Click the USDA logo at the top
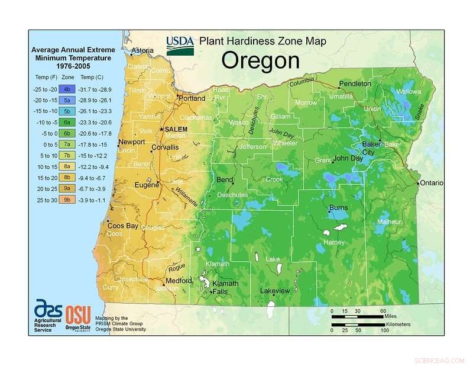pyautogui.click(x=180, y=46)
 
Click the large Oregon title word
pyautogui.click(x=261, y=60)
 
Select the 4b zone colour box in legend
pyautogui.click(x=67, y=88)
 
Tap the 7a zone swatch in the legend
pyautogui.click(x=67, y=144)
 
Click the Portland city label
pyautogui.click(x=192, y=98)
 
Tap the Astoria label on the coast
pyautogui.click(x=142, y=52)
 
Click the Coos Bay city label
pyautogui.click(x=123, y=226)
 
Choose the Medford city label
pyautogui.click(x=179, y=281)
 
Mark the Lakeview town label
pyautogui.click(x=275, y=291)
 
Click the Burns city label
pyautogui.click(x=338, y=208)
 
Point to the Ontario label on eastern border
pyautogui.click(x=432, y=183)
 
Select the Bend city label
pyautogui.click(x=225, y=179)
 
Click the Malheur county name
pyautogui.click(x=389, y=221)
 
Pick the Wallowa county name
pyautogui.click(x=409, y=92)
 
